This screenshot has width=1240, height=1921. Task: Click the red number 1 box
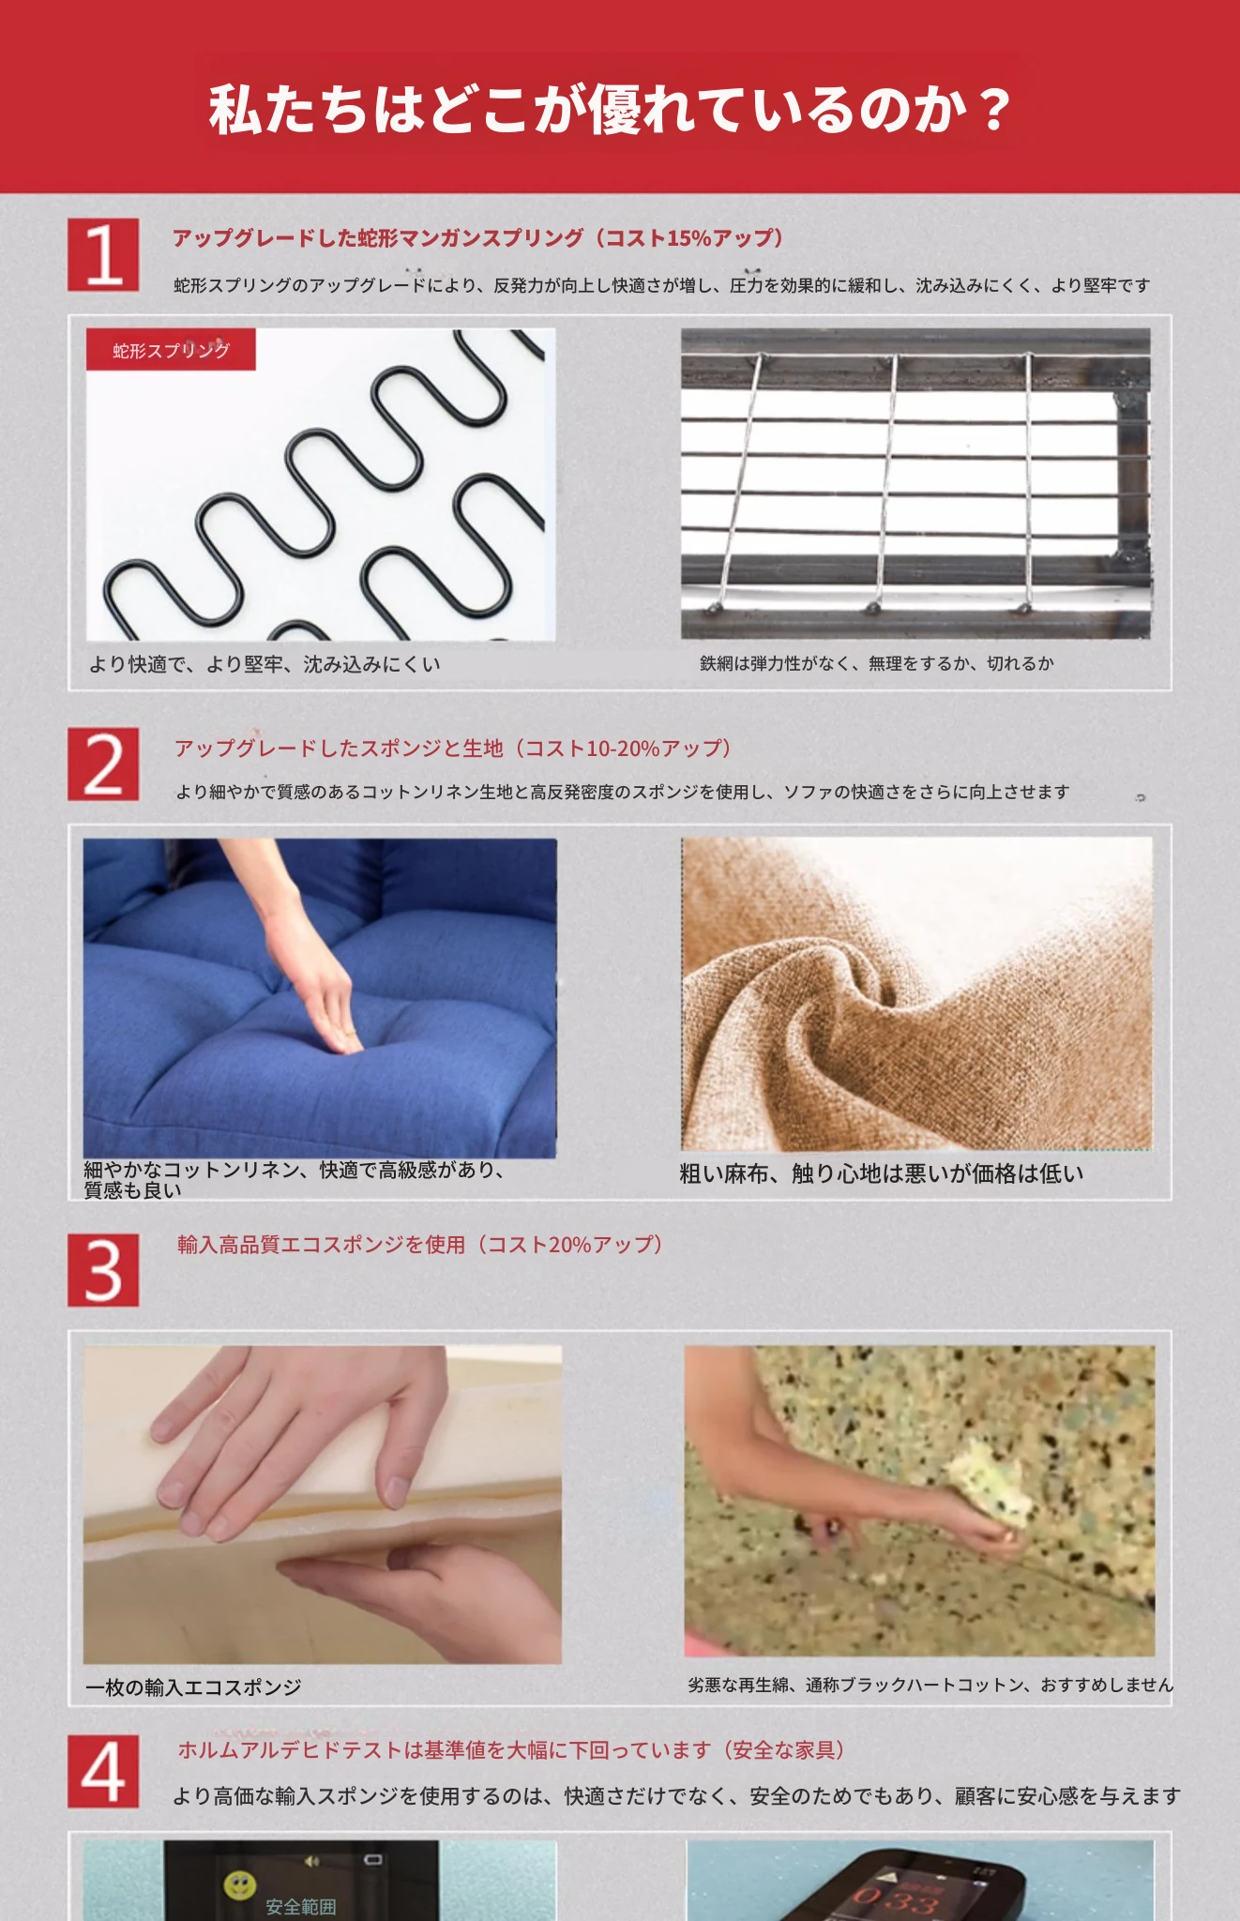click(x=103, y=254)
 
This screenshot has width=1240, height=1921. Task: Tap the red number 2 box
click(x=103, y=764)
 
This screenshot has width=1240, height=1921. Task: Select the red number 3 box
click(x=103, y=1270)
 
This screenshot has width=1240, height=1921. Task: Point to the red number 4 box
click(x=103, y=1772)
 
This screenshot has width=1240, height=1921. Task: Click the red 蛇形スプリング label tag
click(x=171, y=350)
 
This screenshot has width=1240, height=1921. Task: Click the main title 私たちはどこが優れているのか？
click(x=610, y=109)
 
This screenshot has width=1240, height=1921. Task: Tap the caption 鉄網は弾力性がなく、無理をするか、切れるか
click(x=877, y=663)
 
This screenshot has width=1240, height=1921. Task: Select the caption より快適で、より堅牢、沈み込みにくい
click(x=265, y=664)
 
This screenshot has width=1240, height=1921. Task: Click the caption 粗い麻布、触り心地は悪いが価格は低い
click(x=882, y=1173)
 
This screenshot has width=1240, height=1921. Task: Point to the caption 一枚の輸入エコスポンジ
click(x=193, y=1687)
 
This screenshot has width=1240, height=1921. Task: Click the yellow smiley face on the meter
click(x=237, y=1883)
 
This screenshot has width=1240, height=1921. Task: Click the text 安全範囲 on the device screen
click(x=300, y=1907)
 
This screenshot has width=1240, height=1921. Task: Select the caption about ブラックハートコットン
click(x=930, y=1685)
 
